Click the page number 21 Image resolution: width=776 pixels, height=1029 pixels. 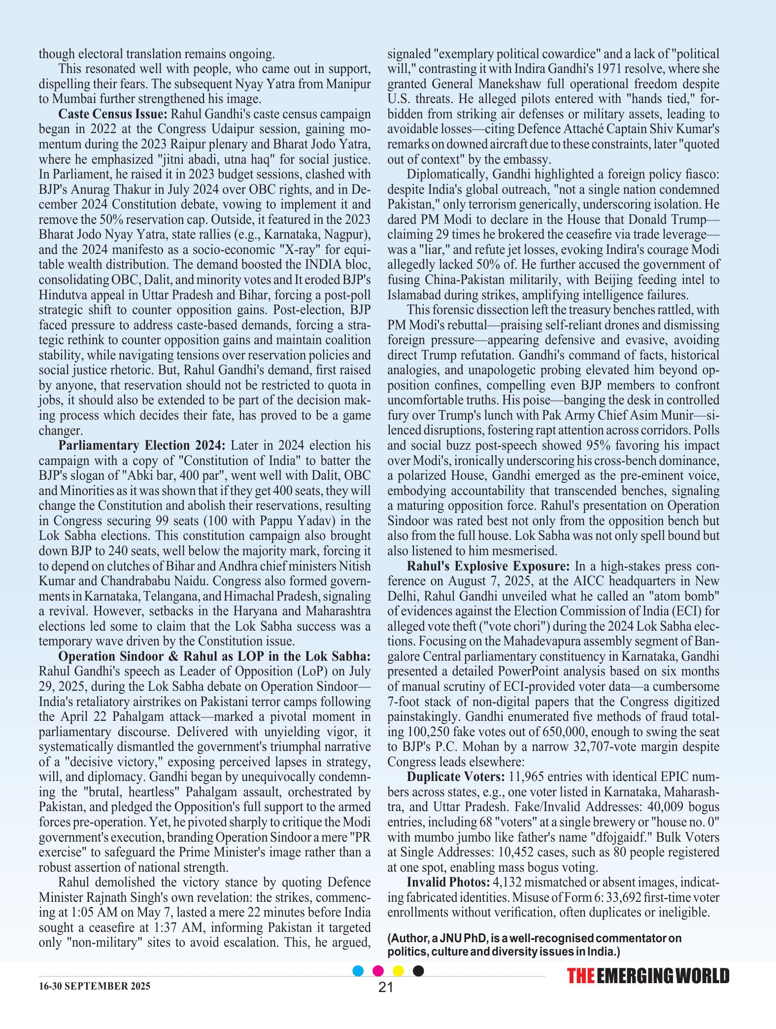pos(385,987)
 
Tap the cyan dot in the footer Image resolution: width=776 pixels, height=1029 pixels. pos(359,971)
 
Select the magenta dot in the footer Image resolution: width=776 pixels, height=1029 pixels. pos(378,971)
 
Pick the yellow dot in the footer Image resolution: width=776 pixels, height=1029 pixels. pos(398,971)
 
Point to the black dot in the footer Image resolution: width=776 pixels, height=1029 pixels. pos(418,971)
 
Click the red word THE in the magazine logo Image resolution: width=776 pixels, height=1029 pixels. pos(581,976)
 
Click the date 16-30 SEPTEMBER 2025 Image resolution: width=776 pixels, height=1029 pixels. pos(95,986)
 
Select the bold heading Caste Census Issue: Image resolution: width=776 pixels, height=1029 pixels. pos(113,114)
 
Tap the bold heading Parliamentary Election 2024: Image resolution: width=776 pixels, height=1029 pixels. pos(142,446)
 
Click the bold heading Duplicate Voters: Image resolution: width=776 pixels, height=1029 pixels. pos(456,777)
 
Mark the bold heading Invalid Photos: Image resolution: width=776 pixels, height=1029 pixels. pos(448,882)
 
